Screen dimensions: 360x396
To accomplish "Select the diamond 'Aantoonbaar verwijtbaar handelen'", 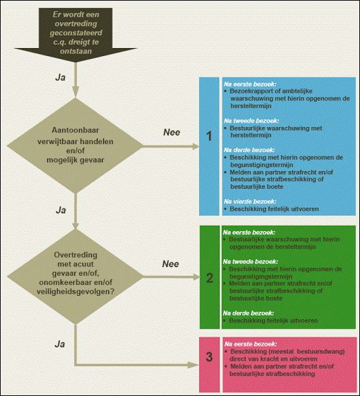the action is (75, 146).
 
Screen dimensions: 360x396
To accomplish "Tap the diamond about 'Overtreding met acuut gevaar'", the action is (75, 276).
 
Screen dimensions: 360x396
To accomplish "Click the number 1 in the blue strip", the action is (209, 136).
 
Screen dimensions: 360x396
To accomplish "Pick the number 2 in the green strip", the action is (210, 278).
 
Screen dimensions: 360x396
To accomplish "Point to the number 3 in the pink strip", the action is (209, 357).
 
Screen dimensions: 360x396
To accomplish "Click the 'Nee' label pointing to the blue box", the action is (172, 132).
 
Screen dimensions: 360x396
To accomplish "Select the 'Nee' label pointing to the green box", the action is (170, 264).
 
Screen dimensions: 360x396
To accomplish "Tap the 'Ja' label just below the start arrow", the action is (60, 77).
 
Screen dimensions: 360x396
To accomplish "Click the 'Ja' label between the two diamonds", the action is (61, 210).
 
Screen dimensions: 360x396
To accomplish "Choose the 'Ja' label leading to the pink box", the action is (60, 344).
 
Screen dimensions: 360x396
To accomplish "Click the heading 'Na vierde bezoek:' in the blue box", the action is (250, 202).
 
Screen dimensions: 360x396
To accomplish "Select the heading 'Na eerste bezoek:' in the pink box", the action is (250, 344).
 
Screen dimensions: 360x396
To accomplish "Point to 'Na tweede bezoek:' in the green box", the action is (250, 262).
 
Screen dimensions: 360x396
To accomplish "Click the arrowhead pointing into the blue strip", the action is (196, 146).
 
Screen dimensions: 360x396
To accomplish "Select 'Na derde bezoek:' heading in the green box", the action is (248, 313).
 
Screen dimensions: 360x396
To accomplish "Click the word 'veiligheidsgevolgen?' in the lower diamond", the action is (75, 292).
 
